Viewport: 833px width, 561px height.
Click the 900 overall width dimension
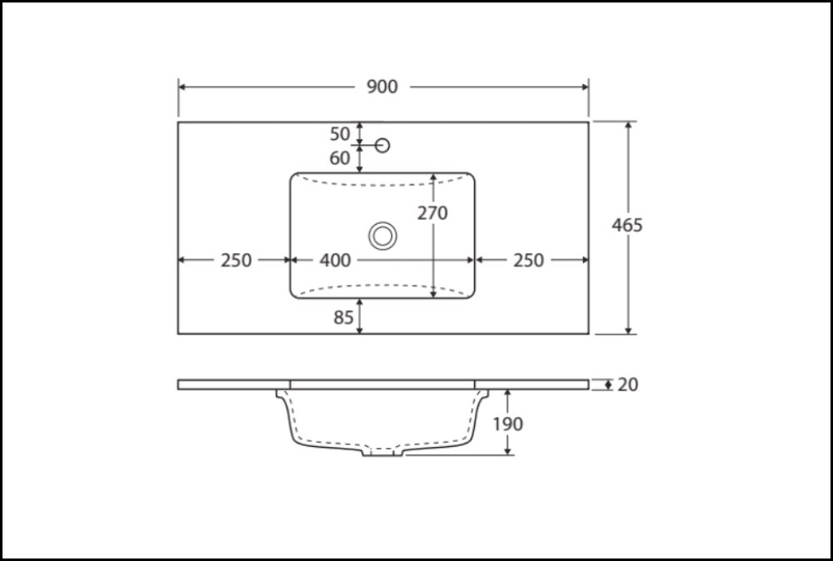coord(383,87)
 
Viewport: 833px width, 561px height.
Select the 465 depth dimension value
coord(627,225)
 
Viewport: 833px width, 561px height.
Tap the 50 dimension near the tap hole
coord(341,133)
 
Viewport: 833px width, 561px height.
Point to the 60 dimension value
coord(341,157)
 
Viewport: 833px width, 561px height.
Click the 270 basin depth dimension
coord(432,213)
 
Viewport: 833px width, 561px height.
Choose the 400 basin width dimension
coord(335,261)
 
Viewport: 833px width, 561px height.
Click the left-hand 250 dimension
coord(237,261)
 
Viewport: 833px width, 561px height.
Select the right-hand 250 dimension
coord(528,261)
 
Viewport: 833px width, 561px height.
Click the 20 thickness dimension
coord(628,385)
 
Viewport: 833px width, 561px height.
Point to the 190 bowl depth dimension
coord(508,424)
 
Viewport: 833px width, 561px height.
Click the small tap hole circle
coord(383,146)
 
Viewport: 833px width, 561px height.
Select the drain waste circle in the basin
coord(383,236)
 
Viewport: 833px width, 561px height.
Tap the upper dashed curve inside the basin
coord(383,184)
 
